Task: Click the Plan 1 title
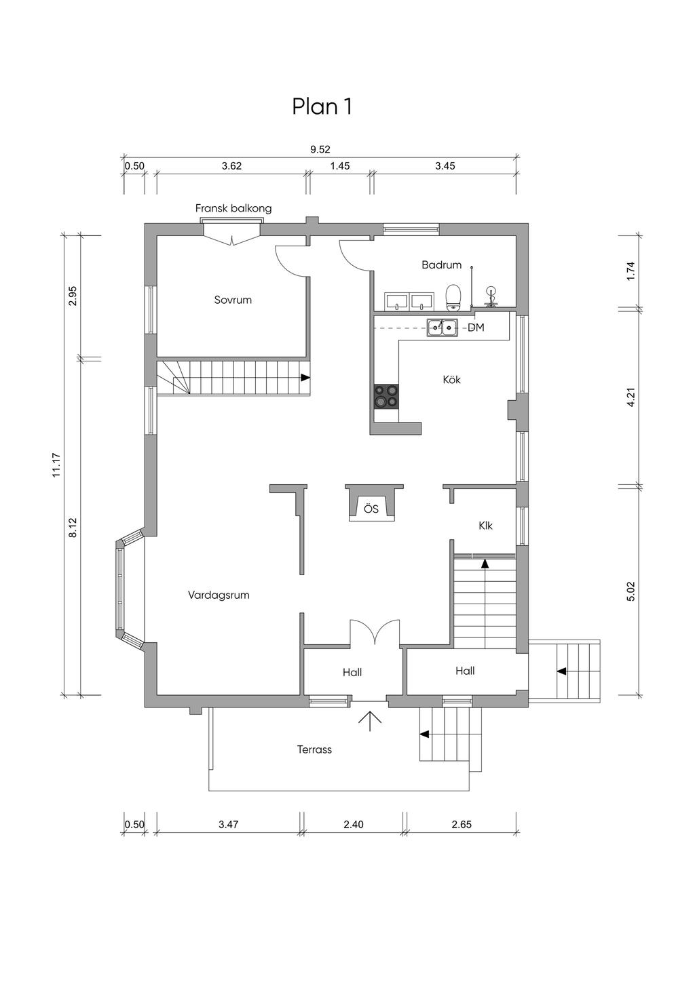(322, 106)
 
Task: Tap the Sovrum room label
(233, 300)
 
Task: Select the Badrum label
(441, 264)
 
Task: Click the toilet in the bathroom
(453, 298)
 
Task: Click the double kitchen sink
(442, 328)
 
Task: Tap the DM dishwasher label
(476, 328)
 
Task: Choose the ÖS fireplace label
(371, 509)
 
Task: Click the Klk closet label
(486, 525)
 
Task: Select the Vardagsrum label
(219, 595)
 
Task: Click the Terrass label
(314, 749)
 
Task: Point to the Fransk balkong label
(233, 208)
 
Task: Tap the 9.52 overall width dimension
(320, 149)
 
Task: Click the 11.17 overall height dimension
(56, 465)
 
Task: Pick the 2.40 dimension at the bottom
(353, 824)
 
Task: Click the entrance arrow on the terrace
(369, 721)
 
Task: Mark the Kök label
(452, 379)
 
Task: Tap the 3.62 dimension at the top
(231, 165)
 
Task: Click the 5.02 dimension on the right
(631, 592)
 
